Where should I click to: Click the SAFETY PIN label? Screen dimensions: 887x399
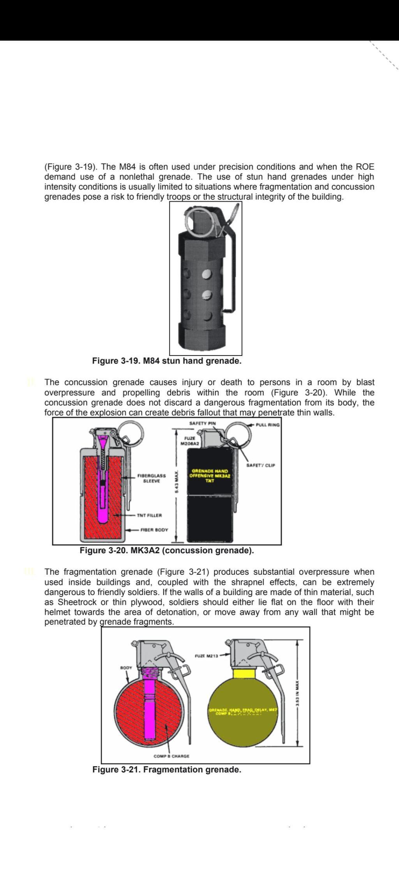click(202, 423)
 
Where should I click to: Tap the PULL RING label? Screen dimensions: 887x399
click(268, 425)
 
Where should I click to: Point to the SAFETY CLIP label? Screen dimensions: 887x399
click(261, 465)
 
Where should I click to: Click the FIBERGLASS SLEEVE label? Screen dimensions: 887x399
click(152, 478)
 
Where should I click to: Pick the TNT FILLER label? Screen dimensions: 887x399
click(149, 515)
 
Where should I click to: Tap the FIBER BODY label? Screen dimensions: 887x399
click(154, 530)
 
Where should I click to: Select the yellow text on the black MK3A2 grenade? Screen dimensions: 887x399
click(210, 476)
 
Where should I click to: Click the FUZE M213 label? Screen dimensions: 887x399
click(206, 656)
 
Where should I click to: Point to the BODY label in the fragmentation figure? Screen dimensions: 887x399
click(126, 667)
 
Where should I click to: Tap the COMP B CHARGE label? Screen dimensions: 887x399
click(171, 756)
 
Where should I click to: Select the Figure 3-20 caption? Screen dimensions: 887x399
click(167, 551)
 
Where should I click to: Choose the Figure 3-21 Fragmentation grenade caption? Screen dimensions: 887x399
click(167, 770)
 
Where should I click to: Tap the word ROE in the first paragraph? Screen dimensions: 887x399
click(365, 167)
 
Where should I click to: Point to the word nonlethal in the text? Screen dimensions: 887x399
click(137, 177)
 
